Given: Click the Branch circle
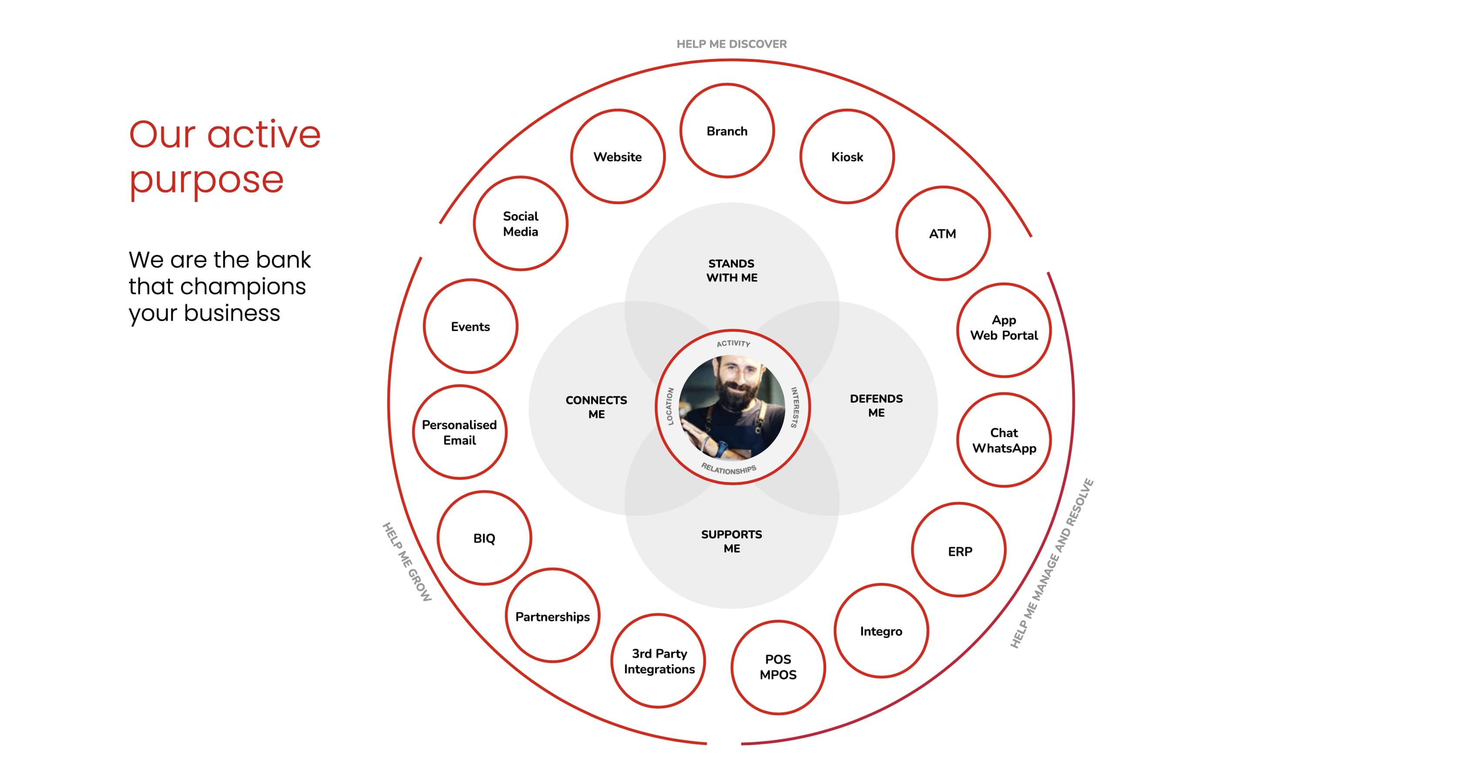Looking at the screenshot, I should (727, 131).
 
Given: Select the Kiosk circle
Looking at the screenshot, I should (847, 156).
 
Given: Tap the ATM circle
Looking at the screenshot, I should (943, 233).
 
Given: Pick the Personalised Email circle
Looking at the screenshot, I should (459, 433).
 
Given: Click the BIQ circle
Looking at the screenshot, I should (484, 538).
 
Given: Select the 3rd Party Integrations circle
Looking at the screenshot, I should (659, 661).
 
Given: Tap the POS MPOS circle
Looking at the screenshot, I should (778, 667).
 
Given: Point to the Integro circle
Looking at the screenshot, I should (881, 631).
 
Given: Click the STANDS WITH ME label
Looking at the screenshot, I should (732, 270).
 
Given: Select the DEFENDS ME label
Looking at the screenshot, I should (876, 406).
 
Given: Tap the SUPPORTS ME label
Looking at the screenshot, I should (732, 541).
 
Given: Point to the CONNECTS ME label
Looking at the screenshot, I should (596, 407).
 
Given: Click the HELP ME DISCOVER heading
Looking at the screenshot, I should (732, 44).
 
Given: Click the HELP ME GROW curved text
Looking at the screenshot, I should (407, 561).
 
